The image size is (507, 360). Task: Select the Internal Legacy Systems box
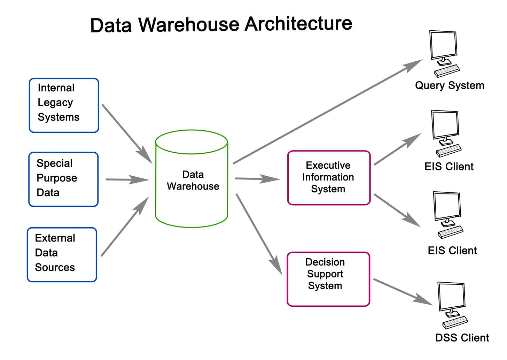(64, 105)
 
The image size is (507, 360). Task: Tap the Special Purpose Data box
(63, 179)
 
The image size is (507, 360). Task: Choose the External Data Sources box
(62, 254)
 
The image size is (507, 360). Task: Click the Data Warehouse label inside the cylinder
(193, 181)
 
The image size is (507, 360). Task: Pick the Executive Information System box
(328, 177)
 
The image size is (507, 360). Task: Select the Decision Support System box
(328, 279)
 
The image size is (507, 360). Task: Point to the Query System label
(449, 85)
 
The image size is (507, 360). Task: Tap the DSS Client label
(462, 338)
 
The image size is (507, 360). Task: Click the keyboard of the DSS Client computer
(455, 322)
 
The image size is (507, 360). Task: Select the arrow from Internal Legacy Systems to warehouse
(127, 133)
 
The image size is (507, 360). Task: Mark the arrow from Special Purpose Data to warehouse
(127, 180)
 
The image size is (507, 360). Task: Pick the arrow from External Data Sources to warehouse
(125, 227)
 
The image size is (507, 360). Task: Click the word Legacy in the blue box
(55, 103)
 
